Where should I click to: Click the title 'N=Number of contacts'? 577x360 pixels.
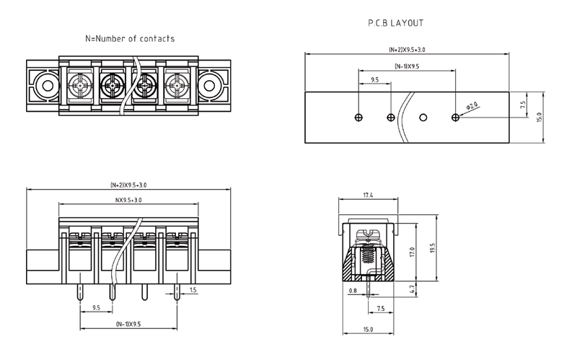click(x=130, y=38)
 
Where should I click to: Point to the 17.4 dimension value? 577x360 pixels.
click(x=367, y=196)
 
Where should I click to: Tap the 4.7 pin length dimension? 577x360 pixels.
click(x=411, y=290)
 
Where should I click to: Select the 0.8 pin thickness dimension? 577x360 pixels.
click(x=353, y=291)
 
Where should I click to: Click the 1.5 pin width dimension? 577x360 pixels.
click(x=193, y=290)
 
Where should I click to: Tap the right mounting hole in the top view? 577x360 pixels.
click(x=209, y=86)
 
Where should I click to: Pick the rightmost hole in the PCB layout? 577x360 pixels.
click(x=455, y=117)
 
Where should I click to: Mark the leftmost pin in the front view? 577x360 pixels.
click(x=79, y=291)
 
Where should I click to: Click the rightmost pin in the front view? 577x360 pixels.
click(x=177, y=291)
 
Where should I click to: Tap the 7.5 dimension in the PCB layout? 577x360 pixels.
click(x=522, y=104)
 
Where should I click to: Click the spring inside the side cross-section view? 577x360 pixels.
click(x=367, y=255)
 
